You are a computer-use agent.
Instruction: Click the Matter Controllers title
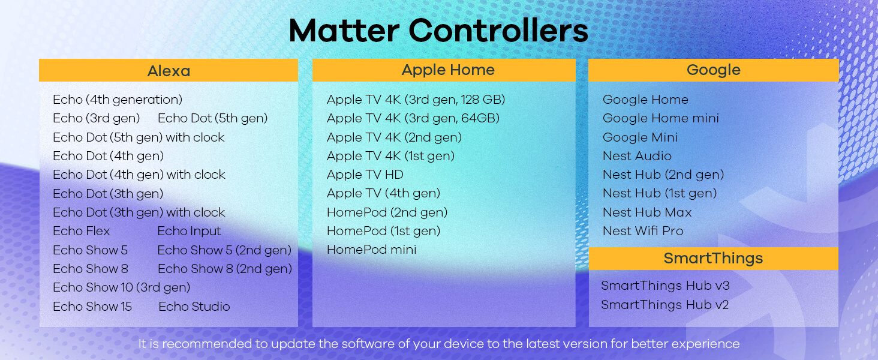coord(438,31)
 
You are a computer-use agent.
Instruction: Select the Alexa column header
coord(169,71)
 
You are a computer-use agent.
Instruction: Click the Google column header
coord(714,70)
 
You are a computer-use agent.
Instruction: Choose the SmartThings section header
coord(714,259)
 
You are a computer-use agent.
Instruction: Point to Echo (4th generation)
coord(118,100)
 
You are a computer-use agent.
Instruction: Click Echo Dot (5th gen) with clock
coord(139,137)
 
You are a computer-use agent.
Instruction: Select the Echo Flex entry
coord(82,231)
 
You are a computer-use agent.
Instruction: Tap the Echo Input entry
coord(190,232)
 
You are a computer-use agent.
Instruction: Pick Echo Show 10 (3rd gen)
coord(122,287)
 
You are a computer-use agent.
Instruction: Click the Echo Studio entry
coord(194,306)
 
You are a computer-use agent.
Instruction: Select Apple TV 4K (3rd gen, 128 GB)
coord(416,100)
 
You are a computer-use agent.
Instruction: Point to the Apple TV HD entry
coord(365,175)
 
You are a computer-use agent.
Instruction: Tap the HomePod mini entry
coord(372,250)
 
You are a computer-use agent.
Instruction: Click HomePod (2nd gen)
coord(387,212)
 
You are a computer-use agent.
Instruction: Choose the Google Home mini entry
coord(661,118)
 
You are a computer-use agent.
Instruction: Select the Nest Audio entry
coord(637,156)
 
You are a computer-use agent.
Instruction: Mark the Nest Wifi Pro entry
coord(644,231)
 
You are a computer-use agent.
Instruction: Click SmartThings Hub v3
coord(665,286)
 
